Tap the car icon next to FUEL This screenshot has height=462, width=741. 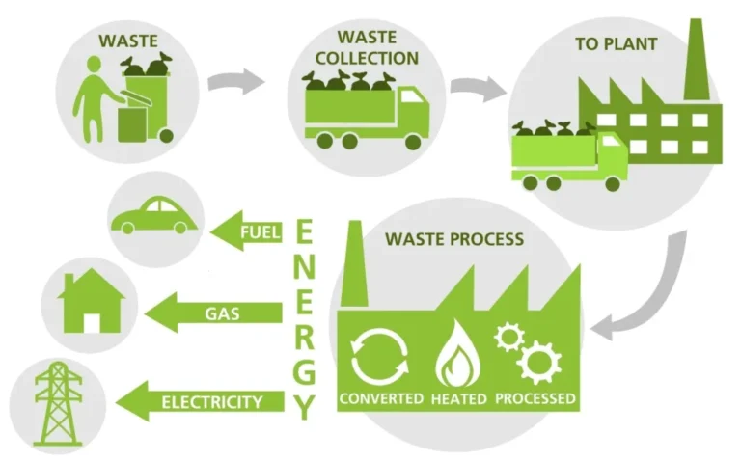click(x=153, y=216)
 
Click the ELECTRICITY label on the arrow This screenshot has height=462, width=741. click(x=211, y=401)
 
